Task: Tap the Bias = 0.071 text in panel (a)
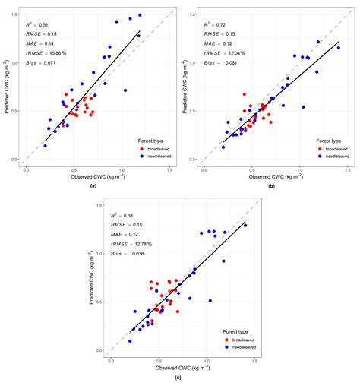41,65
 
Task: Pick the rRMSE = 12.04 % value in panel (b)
223,55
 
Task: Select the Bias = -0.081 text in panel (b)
221,65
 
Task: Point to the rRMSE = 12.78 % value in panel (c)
134,245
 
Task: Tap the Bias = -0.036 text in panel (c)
132,255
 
